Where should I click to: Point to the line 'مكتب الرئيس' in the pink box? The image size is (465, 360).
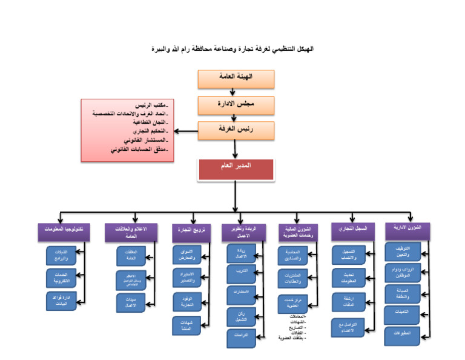click(151, 105)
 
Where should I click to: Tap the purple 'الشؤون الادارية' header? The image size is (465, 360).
click(412, 228)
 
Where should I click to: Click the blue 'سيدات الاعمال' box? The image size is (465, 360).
click(131, 302)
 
